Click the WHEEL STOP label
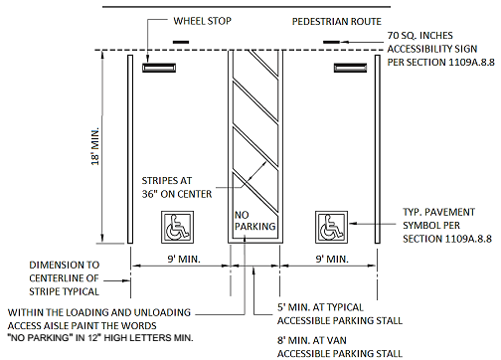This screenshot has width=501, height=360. point(202,21)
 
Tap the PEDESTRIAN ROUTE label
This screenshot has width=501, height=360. point(337,22)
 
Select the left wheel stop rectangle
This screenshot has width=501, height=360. point(159,68)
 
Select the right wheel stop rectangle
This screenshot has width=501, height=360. point(350,68)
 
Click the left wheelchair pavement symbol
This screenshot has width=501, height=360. point(177,227)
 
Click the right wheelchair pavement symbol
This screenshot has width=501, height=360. point(331,227)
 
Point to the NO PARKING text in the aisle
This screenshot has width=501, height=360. point(254,221)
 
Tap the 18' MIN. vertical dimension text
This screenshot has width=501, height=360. point(95,146)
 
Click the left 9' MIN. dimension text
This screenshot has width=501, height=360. point(184,259)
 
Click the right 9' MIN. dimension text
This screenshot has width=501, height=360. point(332,259)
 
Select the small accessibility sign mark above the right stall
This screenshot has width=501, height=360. point(331,42)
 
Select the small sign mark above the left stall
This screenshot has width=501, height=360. point(181,42)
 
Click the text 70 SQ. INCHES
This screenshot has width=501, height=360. point(419,36)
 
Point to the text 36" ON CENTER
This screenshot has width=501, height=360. point(177,194)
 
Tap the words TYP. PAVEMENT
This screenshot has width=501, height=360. point(438,212)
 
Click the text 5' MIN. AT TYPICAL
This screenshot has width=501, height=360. point(320,307)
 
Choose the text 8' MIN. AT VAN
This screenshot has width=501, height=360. point(312,340)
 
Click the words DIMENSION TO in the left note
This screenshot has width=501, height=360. point(64,265)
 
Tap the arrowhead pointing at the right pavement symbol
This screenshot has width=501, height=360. point(353,224)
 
